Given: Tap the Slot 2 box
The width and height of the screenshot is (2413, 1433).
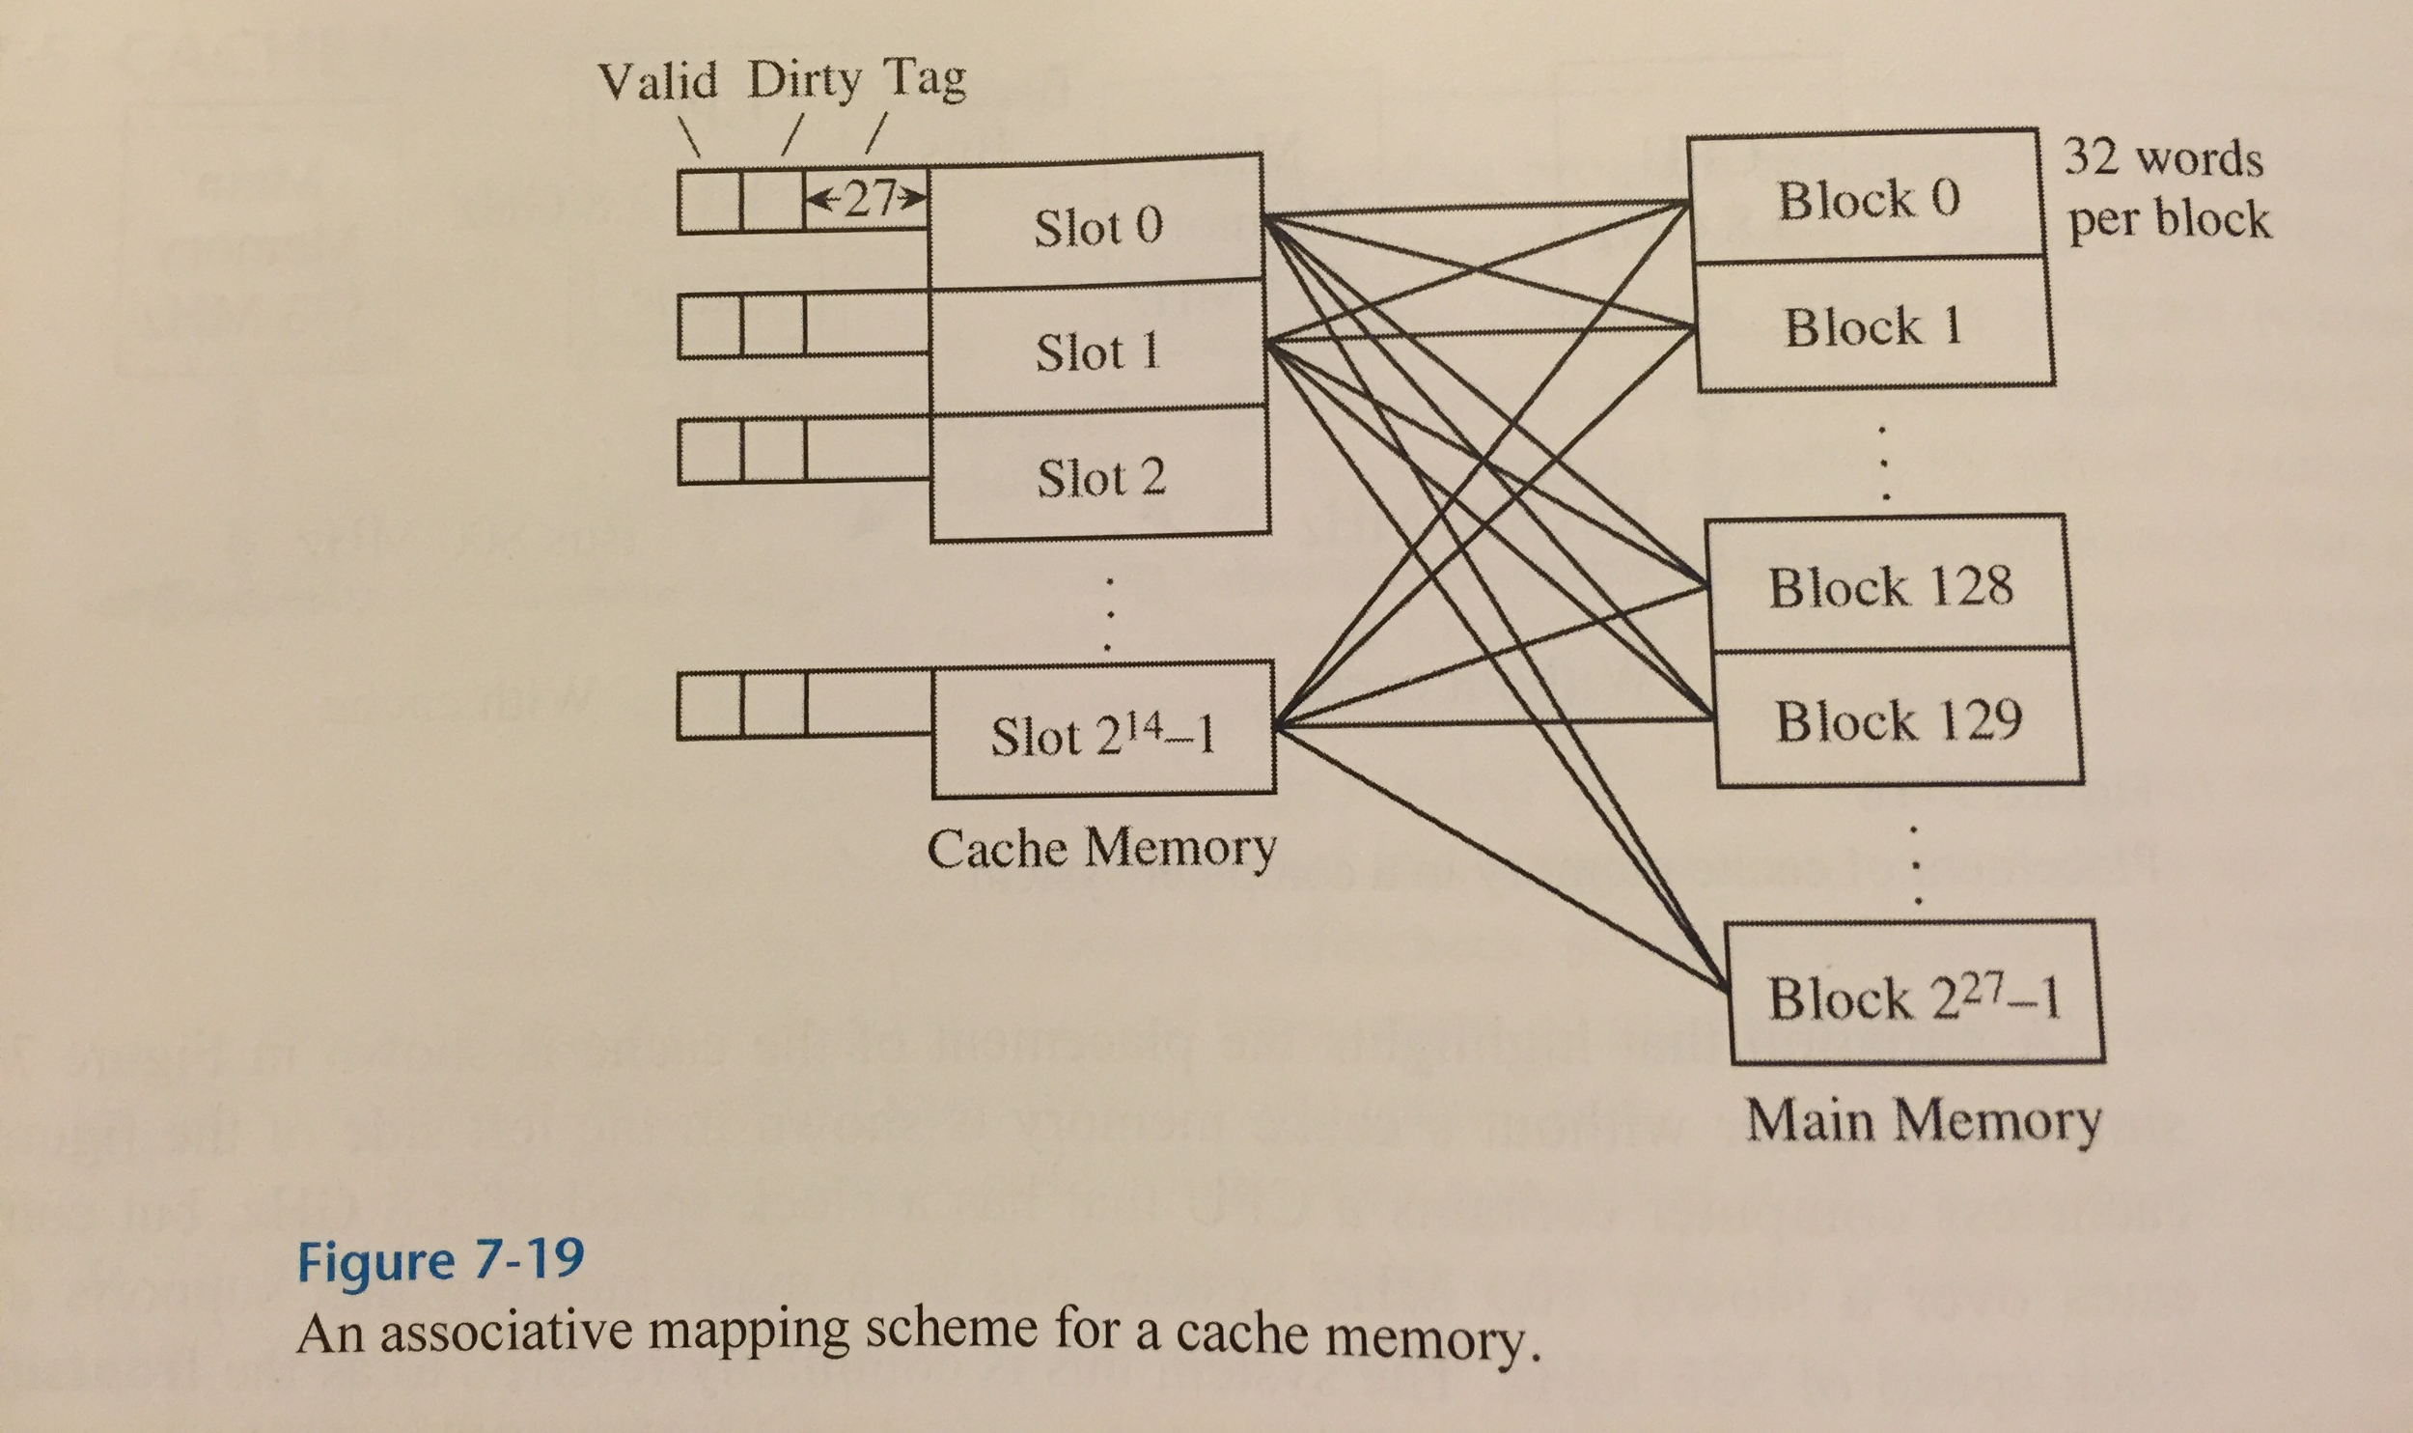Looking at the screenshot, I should click(1100, 476).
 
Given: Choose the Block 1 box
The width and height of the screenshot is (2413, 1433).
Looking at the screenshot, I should click(1872, 325).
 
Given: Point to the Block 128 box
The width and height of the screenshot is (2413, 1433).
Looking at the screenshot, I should click(1889, 585).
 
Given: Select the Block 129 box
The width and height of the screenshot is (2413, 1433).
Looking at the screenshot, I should click(1897, 719).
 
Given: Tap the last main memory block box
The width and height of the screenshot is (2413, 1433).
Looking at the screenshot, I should click(1913, 996).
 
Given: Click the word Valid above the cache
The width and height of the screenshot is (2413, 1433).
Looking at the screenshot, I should click(657, 81).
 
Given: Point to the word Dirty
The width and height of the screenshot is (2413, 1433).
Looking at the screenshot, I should click(803, 81).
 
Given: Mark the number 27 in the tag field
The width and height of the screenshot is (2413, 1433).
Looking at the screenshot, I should click(866, 200).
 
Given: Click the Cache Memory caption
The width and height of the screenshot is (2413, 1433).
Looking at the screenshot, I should click(1100, 849).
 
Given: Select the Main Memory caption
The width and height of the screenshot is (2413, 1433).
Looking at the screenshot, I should click(1923, 1121).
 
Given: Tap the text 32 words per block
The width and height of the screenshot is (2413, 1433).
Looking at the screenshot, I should click(2166, 188).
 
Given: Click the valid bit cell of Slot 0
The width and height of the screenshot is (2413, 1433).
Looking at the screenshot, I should click(709, 201).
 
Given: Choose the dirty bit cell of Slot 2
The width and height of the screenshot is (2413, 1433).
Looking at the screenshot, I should click(774, 451).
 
